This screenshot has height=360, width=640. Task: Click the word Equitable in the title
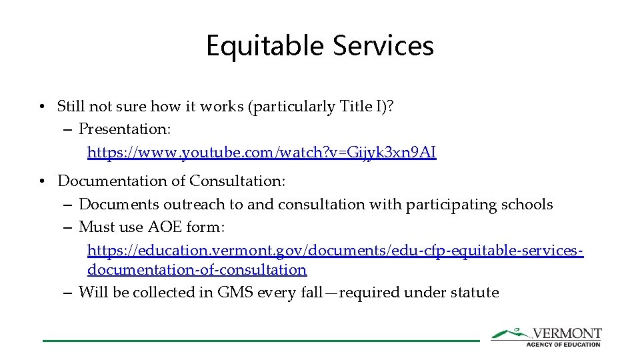tap(265, 46)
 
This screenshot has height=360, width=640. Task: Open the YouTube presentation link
tap(261, 153)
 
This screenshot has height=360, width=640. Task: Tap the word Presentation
tap(125, 128)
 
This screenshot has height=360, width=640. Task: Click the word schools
tap(527, 204)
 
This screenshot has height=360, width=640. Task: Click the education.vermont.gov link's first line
tap(335, 251)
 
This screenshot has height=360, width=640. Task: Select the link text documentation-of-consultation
tap(197, 270)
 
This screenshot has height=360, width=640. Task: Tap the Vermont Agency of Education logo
tap(547, 337)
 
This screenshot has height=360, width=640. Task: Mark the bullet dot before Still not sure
tap(42, 107)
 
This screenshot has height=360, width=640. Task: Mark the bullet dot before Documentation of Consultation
tap(42, 181)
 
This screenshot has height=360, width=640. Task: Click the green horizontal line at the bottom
tap(260, 341)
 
